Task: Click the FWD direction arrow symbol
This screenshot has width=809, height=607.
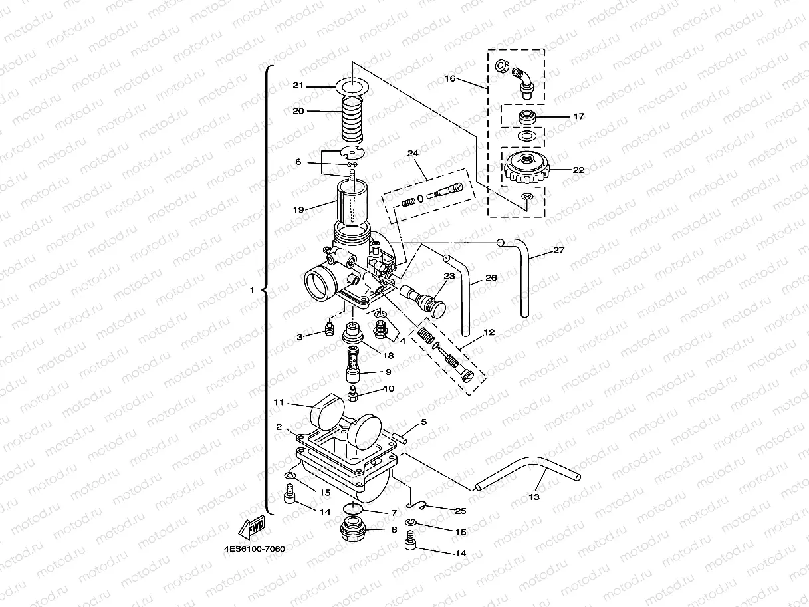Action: pyautogui.click(x=253, y=529)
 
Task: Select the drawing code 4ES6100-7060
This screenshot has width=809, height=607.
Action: pyautogui.click(x=255, y=550)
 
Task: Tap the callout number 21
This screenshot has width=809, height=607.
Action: pyautogui.click(x=298, y=85)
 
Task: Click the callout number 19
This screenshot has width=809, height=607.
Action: pyautogui.click(x=298, y=209)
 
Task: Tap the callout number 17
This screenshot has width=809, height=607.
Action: pyautogui.click(x=578, y=116)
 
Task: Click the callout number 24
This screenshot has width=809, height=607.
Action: pyautogui.click(x=413, y=153)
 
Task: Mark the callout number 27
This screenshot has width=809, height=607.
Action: pyautogui.click(x=558, y=251)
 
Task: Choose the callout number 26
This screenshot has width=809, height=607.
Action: pyautogui.click(x=491, y=278)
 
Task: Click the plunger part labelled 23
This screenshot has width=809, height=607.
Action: pyautogui.click(x=425, y=298)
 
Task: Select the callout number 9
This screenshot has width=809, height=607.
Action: pyautogui.click(x=387, y=372)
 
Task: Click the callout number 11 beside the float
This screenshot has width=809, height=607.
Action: pyautogui.click(x=279, y=402)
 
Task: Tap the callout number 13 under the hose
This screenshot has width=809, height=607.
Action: pyautogui.click(x=534, y=497)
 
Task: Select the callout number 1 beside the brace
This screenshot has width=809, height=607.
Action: pyautogui.click(x=252, y=291)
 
